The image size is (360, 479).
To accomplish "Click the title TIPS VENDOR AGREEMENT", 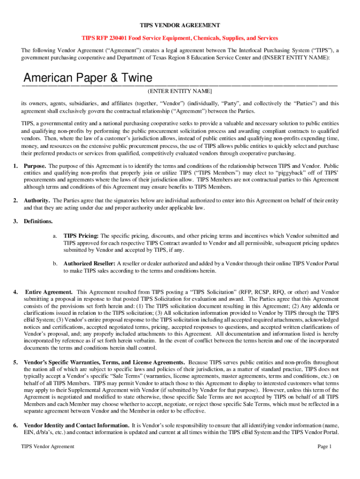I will click(180, 25).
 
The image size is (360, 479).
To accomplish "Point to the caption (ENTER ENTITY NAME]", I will click(180, 91).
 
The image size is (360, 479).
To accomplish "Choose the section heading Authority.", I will click(37, 201).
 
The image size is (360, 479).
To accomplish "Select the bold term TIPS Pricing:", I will click(81, 236).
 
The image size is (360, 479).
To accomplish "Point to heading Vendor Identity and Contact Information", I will click(77, 425).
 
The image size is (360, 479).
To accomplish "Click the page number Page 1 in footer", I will click(324, 447).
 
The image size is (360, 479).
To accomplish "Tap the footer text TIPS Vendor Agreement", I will click(48, 447).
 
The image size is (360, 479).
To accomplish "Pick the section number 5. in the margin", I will click(15, 363).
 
